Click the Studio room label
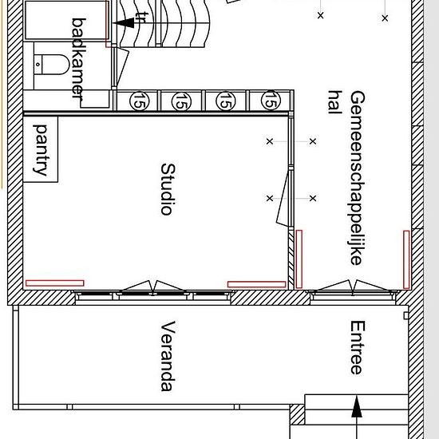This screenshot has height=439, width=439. [168, 189]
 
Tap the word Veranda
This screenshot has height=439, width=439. [168, 356]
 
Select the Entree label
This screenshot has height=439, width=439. [358, 347]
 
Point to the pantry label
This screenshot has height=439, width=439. [41, 150]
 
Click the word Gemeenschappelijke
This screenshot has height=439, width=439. [358, 178]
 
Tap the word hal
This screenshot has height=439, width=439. [335, 102]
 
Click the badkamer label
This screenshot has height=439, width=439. [79, 58]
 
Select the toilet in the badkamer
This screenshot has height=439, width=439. [52, 65]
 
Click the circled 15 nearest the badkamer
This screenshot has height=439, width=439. [140, 101]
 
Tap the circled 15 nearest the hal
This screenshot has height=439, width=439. [271, 101]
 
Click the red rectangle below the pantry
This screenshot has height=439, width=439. [55, 283]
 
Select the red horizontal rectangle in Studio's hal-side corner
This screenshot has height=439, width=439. [257, 284]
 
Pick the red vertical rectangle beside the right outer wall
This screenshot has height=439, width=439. [406, 259]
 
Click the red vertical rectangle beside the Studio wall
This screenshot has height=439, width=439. [299, 259]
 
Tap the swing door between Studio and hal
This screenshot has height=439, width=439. [283, 199]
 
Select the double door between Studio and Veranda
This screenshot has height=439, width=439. [153, 287]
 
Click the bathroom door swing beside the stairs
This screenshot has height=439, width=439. [121, 68]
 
